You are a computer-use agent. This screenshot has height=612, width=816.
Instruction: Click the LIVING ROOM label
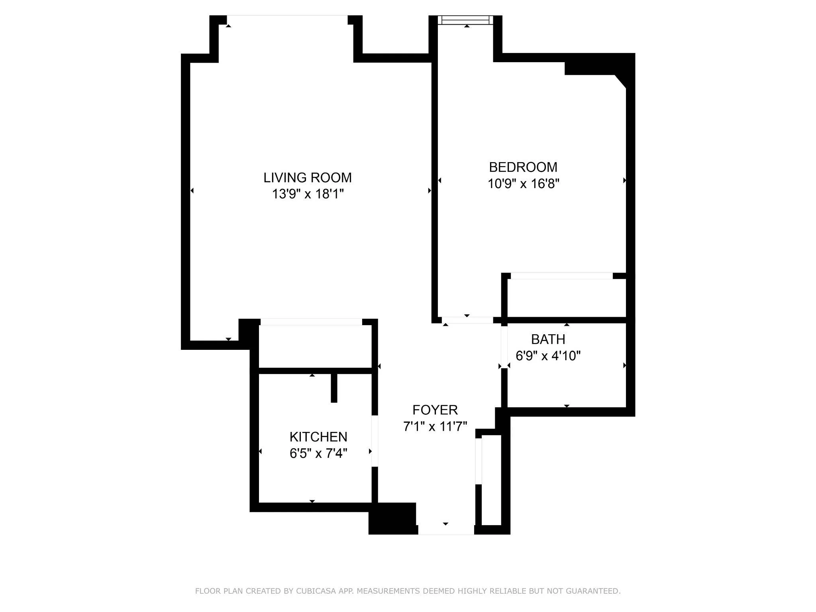pos(307,178)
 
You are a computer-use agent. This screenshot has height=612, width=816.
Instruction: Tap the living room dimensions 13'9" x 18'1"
pos(307,194)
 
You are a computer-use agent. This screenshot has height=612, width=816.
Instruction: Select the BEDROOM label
pos(523,167)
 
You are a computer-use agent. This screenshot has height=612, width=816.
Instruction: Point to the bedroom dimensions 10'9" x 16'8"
pos(523,184)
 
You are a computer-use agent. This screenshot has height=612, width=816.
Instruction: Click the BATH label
pos(548,339)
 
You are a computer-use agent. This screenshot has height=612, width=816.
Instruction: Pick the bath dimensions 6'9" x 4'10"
pos(548,356)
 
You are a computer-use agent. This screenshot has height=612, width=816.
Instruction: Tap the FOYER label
pos(435,410)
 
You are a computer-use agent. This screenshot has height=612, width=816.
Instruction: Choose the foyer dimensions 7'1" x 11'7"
pos(435,427)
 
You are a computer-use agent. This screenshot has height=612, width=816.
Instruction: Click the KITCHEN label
pos(318,437)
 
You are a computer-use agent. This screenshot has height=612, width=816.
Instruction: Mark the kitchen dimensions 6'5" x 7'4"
pos(318,453)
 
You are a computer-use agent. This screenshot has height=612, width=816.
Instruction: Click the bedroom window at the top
pos(465,20)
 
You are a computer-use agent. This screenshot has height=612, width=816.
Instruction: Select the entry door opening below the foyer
pos(445,530)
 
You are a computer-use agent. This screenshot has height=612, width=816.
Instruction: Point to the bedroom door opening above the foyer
pos(467,320)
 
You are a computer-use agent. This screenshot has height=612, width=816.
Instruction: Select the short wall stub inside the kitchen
pos(334,388)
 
